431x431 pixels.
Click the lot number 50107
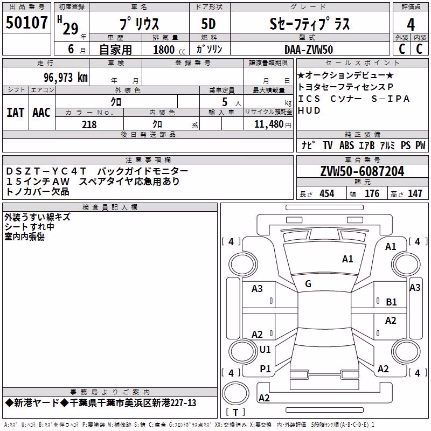click(26, 22)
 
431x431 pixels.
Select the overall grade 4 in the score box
click(411, 24)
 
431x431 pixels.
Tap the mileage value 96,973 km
click(66, 78)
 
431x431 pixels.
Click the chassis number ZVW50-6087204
click(362, 171)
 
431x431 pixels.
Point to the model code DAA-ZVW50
click(309, 50)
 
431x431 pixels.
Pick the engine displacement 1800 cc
click(169, 50)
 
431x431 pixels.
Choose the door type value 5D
click(208, 24)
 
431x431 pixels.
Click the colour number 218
click(89, 124)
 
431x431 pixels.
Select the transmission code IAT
click(15, 113)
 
